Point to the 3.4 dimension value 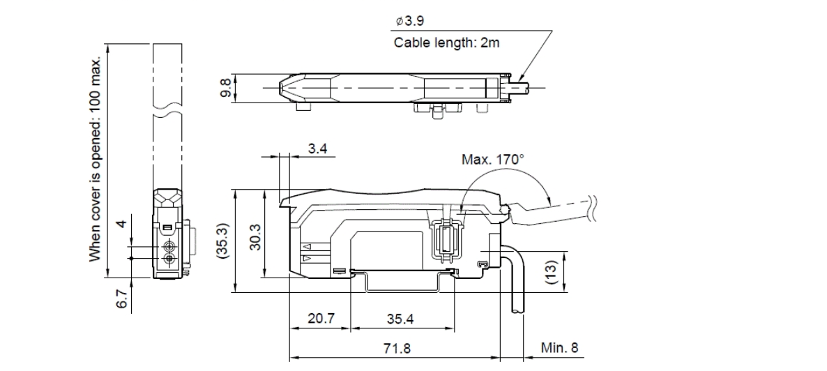tap(316, 149)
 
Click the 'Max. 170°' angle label tap(492, 160)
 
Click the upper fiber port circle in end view tap(168, 246)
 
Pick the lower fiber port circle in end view tap(168, 259)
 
